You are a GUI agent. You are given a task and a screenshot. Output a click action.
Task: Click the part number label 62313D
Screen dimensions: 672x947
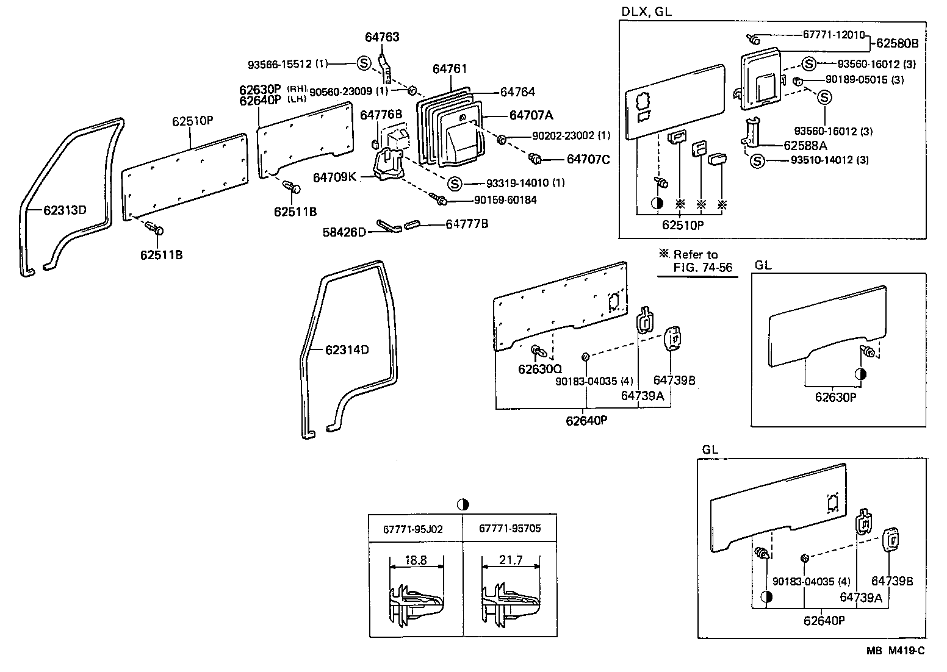(65, 211)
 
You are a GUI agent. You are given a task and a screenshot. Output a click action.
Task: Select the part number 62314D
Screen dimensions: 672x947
(347, 350)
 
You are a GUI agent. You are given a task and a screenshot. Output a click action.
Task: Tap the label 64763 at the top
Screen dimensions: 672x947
(382, 37)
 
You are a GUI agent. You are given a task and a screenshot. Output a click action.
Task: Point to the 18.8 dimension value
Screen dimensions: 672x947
(416, 560)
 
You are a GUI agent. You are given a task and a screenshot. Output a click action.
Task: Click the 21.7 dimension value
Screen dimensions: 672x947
(511, 560)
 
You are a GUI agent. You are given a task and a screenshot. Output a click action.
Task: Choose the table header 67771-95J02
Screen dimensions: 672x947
(413, 529)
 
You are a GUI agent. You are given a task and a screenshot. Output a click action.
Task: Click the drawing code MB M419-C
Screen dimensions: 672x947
(895, 651)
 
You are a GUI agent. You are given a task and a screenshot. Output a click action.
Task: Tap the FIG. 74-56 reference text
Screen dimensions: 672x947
(702, 267)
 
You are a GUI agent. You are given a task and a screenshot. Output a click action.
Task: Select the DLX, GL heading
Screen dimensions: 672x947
(647, 12)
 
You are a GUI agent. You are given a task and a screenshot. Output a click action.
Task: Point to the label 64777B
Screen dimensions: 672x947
(467, 224)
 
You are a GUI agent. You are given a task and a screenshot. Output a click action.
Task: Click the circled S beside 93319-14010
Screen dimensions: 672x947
(454, 183)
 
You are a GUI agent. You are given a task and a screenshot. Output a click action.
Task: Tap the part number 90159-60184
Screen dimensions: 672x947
(505, 200)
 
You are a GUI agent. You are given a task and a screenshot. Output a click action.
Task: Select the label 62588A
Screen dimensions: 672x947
(805, 146)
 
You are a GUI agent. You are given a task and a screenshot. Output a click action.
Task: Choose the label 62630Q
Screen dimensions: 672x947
(540, 369)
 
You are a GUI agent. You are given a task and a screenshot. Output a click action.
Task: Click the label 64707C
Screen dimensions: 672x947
(588, 159)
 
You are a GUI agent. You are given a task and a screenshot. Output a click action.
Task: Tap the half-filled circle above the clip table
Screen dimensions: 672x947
(463, 504)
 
